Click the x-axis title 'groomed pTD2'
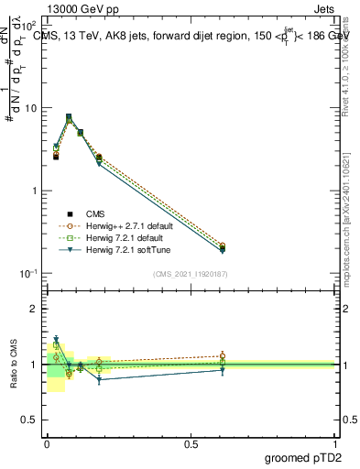click(302, 458)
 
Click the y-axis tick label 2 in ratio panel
click(34, 309)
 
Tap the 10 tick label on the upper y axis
click(30, 108)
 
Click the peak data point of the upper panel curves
click(69, 118)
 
